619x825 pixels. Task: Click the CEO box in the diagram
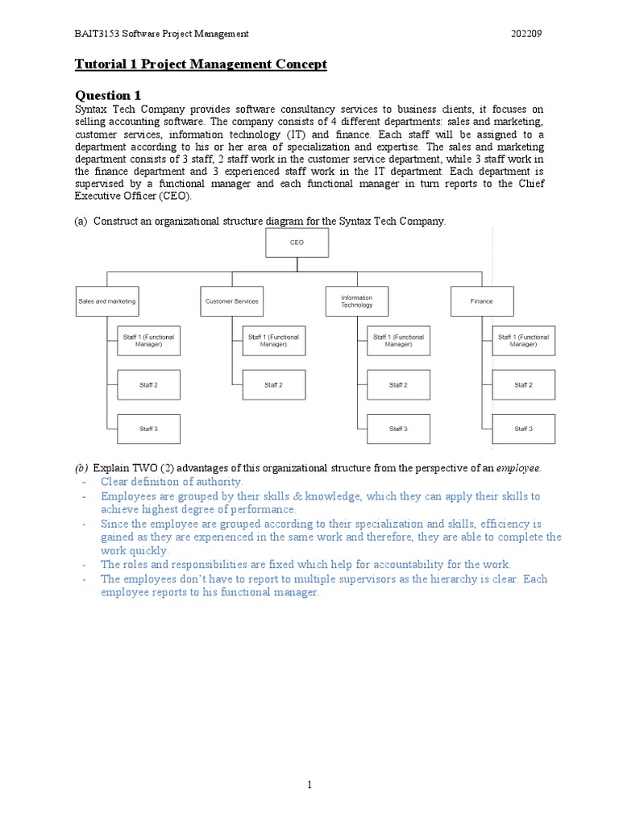[x=297, y=242]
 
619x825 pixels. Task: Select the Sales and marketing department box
[x=107, y=301]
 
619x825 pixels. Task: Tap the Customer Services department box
[x=232, y=301]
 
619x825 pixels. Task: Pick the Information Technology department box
[x=357, y=301]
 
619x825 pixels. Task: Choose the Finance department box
[x=482, y=301]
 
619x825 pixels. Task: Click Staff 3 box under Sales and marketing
[x=148, y=429]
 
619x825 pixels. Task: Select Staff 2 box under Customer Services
[x=273, y=385]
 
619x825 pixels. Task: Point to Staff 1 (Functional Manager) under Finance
[x=523, y=341]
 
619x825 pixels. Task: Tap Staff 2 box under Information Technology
[x=398, y=385]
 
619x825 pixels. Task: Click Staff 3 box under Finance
[x=523, y=429]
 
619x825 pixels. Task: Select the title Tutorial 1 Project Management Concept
[x=201, y=64]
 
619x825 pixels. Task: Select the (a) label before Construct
[x=81, y=222]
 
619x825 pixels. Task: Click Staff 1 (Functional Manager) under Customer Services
[x=273, y=341]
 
